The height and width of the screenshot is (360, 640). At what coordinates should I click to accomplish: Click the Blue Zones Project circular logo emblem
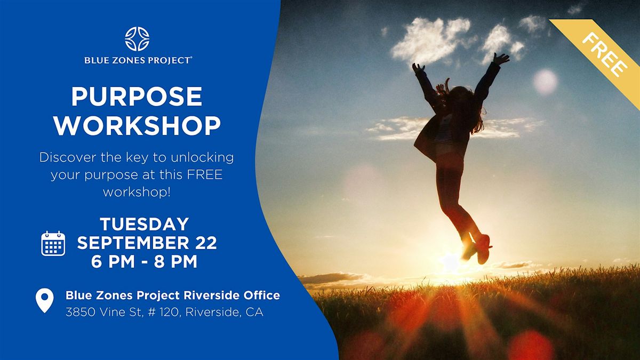[137, 39]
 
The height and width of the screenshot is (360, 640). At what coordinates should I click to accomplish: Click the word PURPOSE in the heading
[137, 97]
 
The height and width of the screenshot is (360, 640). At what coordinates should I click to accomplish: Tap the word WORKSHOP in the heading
[137, 125]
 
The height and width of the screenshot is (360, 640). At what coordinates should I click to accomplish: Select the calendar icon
[53, 243]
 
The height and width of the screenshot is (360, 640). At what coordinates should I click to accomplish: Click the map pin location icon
[45, 300]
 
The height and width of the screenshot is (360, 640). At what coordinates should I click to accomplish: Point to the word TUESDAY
[145, 224]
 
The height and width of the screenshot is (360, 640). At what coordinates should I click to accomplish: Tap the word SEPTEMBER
[133, 243]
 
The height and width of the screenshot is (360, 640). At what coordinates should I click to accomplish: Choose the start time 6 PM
[113, 262]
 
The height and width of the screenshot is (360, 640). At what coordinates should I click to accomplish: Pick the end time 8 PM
[175, 262]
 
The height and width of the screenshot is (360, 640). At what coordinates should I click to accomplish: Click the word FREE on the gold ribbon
[605, 54]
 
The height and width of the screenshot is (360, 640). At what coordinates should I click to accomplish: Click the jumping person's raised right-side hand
[501, 59]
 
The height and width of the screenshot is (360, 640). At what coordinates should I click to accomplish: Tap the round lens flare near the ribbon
[545, 82]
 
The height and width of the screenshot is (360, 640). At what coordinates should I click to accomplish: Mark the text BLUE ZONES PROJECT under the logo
[138, 61]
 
